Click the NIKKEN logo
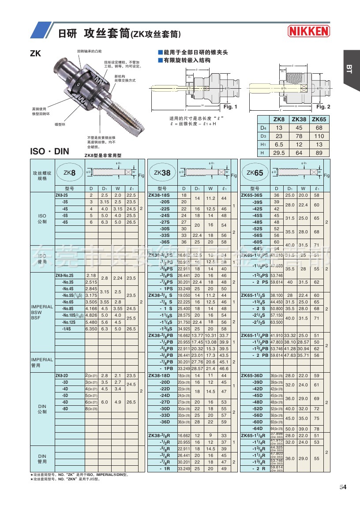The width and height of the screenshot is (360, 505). (x=308, y=31)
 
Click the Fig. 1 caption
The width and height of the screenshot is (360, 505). (x=230, y=107)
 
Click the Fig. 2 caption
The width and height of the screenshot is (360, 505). (x=323, y=107)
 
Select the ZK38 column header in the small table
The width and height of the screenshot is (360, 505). (x=300, y=120)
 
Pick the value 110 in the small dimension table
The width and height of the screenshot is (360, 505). (x=319, y=136)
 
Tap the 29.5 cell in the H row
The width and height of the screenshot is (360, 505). (x=279, y=153)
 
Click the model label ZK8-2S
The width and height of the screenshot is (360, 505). (x=61, y=195)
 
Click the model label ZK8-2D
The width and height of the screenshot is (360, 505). (x=61, y=375)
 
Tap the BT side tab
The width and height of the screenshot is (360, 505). (x=348, y=69)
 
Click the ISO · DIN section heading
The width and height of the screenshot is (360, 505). (x=49, y=151)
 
